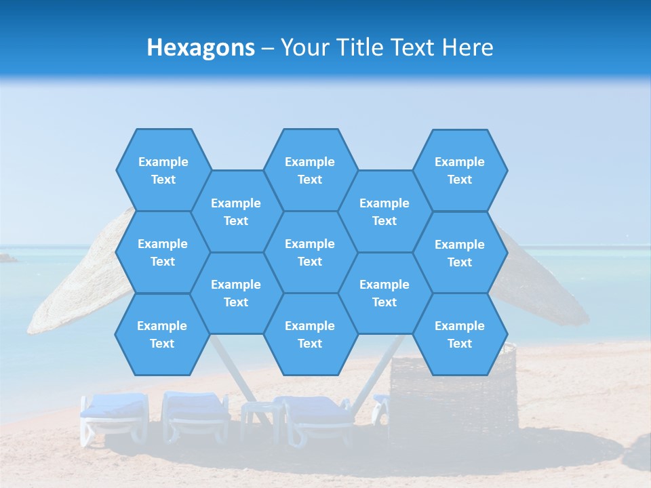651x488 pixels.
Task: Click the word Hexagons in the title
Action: (201, 47)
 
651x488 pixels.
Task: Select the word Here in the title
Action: (467, 47)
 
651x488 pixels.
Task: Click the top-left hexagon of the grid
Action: (163, 170)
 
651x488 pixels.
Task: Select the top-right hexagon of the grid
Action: (460, 170)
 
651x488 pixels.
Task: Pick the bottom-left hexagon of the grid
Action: (162, 334)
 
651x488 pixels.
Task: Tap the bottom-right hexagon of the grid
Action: (460, 334)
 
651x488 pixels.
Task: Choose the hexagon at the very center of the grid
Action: (310, 252)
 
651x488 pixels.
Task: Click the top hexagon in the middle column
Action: (310, 170)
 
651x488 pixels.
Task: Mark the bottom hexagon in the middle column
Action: (310, 334)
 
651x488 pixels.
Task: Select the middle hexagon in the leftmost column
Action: (163, 252)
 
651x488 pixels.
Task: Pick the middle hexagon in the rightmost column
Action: (460, 253)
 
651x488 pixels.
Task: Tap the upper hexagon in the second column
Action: (236, 211)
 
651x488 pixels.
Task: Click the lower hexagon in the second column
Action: (236, 293)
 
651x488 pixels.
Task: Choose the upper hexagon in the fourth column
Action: (384, 211)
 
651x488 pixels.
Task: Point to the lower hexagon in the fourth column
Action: (384, 293)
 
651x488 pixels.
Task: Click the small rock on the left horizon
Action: (7, 258)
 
